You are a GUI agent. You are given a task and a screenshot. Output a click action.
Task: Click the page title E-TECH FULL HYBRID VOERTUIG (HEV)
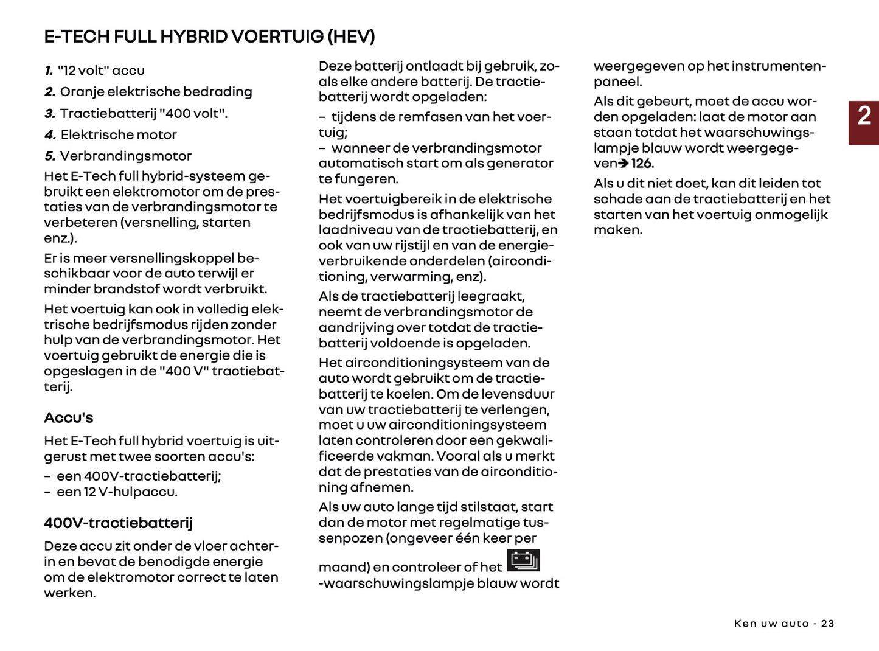(209, 37)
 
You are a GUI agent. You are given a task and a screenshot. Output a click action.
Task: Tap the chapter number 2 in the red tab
(864, 116)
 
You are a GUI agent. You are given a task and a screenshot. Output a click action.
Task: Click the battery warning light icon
(523, 560)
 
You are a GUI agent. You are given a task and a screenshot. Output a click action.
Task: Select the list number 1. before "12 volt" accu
(49, 71)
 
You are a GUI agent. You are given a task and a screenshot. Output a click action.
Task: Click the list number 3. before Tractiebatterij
(50, 114)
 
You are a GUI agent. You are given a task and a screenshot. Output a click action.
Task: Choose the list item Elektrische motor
(119, 135)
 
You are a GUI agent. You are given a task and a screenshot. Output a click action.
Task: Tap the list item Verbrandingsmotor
(125, 156)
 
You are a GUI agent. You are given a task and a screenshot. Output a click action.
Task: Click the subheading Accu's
(69, 418)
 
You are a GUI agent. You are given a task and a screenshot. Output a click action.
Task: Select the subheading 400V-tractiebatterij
(118, 523)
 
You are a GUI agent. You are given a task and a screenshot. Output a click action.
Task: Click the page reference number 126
(642, 164)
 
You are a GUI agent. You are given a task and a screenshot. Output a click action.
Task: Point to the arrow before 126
(624, 164)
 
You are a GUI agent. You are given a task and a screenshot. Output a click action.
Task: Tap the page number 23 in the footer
(827, 624)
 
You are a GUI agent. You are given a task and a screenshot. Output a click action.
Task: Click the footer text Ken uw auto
(771, 624)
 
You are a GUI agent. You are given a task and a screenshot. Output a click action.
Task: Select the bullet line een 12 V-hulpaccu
(117, 492)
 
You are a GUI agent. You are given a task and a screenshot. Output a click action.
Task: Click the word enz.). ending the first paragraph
(60, 238)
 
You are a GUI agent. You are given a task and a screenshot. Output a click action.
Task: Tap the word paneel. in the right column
(617, 82)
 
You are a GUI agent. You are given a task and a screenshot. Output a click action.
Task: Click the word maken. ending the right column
(617, 230)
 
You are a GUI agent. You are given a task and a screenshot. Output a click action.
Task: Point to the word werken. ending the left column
(69, 593)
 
